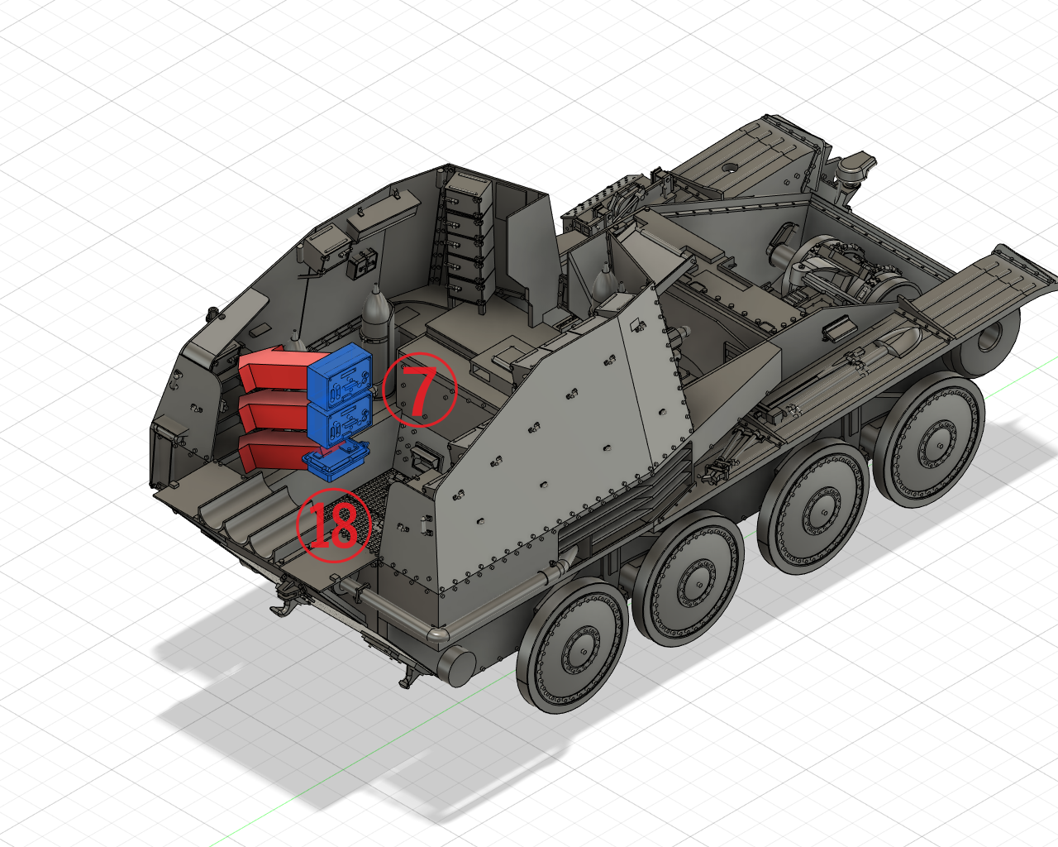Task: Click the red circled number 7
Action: [x=419, y=390]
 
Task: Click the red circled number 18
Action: [x=334, y=525]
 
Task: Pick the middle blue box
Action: [x=340, y=421]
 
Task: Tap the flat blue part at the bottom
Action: [x=336, y=459]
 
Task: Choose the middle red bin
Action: [x=274, y=413]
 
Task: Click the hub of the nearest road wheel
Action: [x=583, y=652]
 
